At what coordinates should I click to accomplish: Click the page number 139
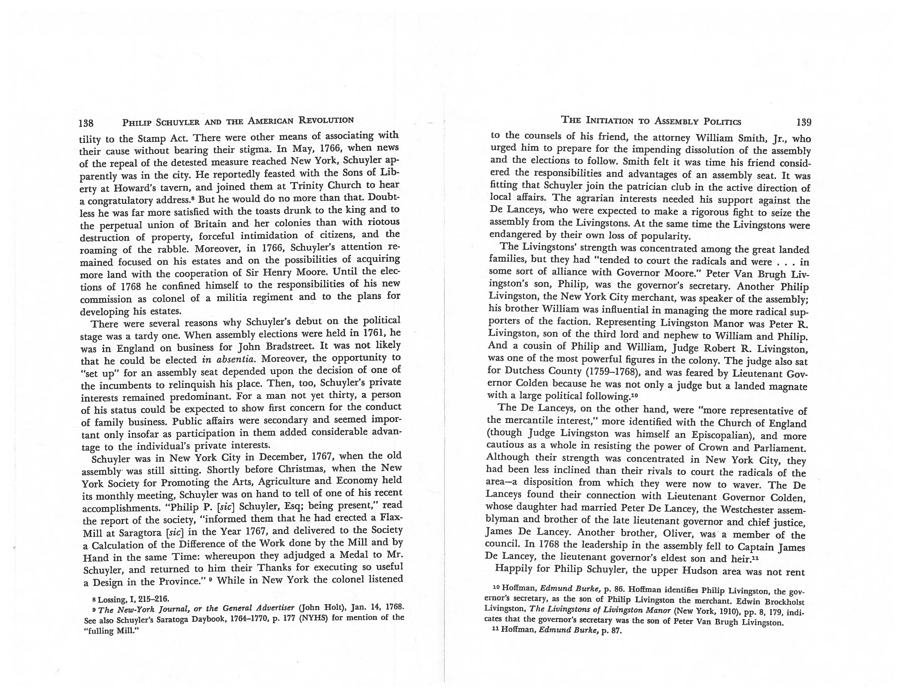coord(804,122)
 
